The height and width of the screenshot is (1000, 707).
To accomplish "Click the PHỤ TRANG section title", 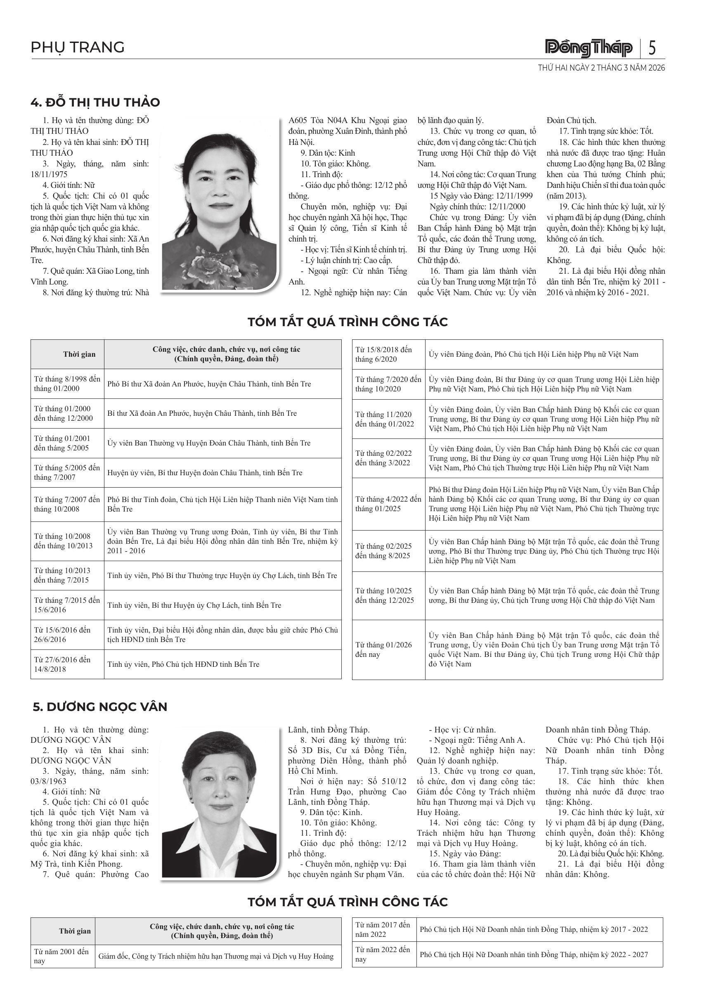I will click(x=78, y=47).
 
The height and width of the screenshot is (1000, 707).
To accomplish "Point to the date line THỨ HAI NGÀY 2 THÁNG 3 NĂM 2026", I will click(x=601, y=68).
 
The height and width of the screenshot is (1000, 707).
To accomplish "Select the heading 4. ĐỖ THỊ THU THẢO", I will click(x=95, y=102).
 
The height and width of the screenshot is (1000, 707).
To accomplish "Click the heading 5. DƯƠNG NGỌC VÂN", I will click(x=100, y=706).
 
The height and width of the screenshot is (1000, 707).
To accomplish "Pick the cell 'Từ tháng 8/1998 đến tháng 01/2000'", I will click(x=67, y=384).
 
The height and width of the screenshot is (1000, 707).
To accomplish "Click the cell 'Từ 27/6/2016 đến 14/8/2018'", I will click(x=67, y=664).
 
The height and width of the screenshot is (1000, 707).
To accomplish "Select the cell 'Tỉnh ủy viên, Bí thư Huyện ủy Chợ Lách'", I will click(x=194, y=605).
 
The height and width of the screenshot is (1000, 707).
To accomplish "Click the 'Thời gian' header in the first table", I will click(x=79, y=354).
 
